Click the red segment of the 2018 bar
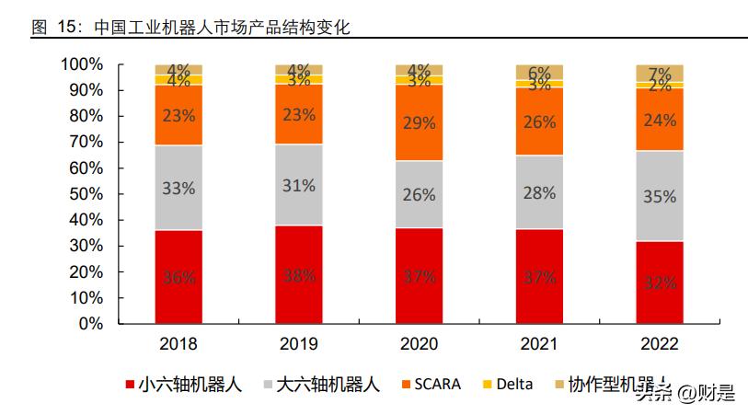tap(178, 277)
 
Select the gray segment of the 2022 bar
tap(660, 196)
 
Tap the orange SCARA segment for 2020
tap(419, 122)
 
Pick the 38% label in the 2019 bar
tap(299, 276)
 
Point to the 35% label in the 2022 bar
tap(660, 196)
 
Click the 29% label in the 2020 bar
tap(419, 122)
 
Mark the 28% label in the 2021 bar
tap(539, 192)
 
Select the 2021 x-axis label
tap(539, 344)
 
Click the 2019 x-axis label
tap(299, 344)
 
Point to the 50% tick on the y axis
tap(86, 194)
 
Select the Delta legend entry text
tap(514, 384)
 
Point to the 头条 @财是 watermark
tap(685, 394)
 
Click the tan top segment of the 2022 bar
tap(660, 73)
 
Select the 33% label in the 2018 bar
tap(178, 188)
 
